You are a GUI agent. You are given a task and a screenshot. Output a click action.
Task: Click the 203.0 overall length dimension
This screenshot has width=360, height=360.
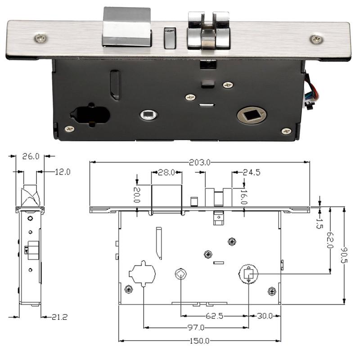[x=199, y=162]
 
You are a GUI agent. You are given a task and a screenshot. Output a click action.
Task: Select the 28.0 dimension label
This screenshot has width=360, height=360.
[x=166, y=172]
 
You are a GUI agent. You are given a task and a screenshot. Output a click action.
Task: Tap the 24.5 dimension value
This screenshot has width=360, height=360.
[x=252, y=172]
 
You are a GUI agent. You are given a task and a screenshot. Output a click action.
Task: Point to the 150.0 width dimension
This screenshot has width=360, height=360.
[x=199, y=341]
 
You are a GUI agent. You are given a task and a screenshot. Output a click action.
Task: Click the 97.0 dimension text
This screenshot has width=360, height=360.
[x=196, y=328]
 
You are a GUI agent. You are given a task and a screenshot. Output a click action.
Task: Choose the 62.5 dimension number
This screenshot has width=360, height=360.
[x=215, y=316]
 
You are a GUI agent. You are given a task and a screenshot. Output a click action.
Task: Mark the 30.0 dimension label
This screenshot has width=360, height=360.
[x=265, y=316]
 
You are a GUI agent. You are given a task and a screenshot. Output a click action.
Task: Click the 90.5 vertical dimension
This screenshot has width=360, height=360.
[x=344, y=255]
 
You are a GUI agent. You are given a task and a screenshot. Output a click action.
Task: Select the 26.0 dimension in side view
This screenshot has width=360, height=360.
[x=31, y=156]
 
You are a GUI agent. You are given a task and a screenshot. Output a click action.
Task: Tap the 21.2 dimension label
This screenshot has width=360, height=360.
[x=59, y=317]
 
